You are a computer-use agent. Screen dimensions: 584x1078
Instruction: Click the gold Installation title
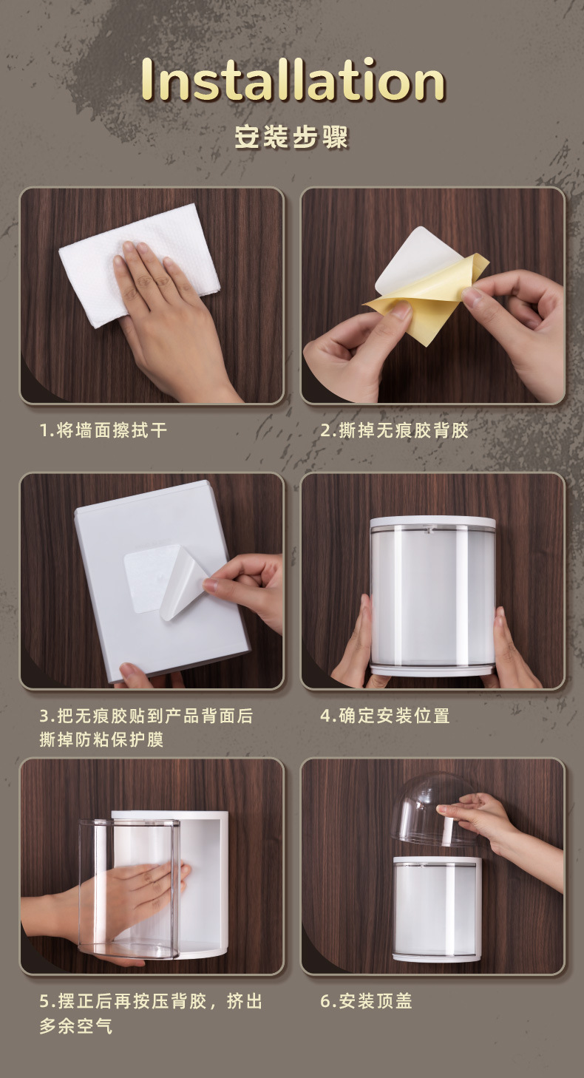[293, 80]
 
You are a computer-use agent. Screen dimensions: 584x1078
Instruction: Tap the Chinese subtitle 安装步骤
[291, 138]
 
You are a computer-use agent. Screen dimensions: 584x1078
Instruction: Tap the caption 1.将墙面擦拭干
[103, 430]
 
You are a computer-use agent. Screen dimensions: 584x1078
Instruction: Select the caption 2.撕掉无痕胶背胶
[395, 430]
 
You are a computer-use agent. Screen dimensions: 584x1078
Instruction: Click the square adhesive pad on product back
[144, 580]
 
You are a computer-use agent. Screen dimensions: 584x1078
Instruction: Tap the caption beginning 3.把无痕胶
[146, 727]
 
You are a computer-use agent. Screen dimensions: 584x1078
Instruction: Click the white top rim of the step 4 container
[433, 522]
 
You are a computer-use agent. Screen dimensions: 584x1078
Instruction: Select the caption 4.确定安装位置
[385, 716]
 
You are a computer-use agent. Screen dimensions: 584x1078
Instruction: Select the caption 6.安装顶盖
[366, 1002]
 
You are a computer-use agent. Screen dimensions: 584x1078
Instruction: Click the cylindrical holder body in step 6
[437, 909]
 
